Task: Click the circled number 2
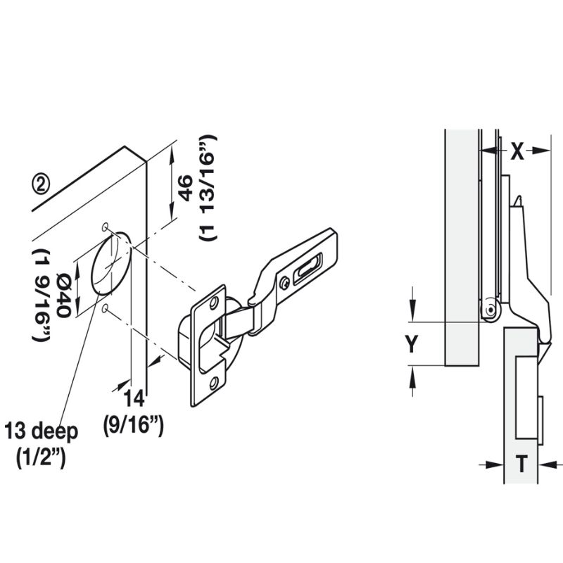pos(42,184)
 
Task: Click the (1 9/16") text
pos(41,296)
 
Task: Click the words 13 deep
pos(41,431)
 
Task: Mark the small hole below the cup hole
pos(105,309)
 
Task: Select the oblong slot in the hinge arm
pos(307,269)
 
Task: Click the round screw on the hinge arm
pos(284,283)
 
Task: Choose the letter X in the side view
pos(517,151)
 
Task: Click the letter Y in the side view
pos(413,343)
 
